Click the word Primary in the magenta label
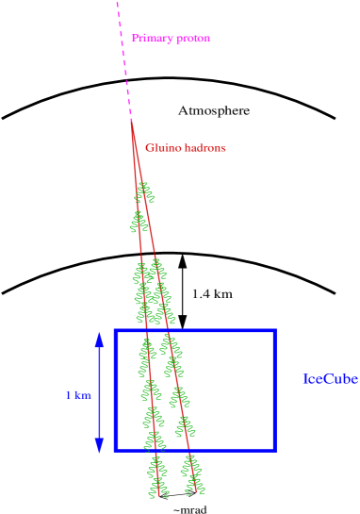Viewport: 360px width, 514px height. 151,38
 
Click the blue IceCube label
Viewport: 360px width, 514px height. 330,379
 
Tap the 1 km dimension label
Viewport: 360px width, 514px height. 77,396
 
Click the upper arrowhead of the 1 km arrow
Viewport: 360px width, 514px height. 99,338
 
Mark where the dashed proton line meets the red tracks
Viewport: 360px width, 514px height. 132,123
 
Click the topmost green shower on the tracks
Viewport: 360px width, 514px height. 143,193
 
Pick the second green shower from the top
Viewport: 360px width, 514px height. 139,222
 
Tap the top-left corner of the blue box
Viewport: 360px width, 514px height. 115,331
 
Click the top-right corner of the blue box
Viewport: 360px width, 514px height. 274,331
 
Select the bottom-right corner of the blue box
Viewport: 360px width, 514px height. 274,449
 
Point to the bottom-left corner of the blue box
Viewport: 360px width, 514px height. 115,449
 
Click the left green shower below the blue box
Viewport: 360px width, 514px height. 157,476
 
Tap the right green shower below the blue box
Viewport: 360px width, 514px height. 193,474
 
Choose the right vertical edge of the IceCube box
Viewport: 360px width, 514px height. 274,390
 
